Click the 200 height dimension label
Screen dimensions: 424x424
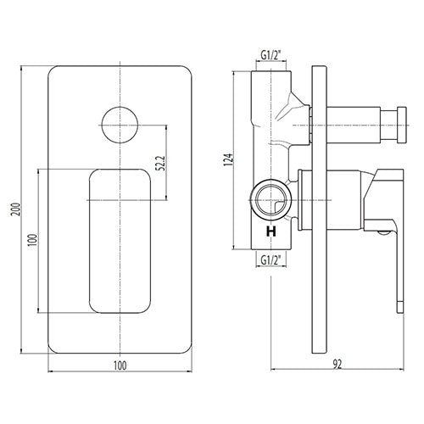click(16, 209)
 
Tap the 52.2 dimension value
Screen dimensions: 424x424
click(160, 163)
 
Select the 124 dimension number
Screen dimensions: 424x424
click(229, 159)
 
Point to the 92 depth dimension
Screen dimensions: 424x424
click(338, 365)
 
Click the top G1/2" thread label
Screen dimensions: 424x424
click(271, 56)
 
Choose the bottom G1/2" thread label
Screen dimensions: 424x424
click(271, 259)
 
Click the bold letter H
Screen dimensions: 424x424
click(271, 232)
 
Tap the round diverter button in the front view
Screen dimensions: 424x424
click(120, 125)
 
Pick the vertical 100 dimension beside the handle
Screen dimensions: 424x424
click(32, 240)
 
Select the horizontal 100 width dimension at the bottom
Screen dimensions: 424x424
click(120, 365)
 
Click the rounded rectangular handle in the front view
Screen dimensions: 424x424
click(120, 241)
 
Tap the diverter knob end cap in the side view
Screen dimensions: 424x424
click(402, 125)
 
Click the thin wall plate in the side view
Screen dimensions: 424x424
click(319, 209)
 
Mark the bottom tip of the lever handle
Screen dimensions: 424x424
click(400, 313)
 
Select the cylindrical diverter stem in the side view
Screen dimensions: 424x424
click(354, 125)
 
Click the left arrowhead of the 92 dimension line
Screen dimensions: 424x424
click(273, 369)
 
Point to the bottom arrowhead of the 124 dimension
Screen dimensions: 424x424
click(234, 248)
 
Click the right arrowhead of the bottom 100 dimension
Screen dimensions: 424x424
click(190, 371)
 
